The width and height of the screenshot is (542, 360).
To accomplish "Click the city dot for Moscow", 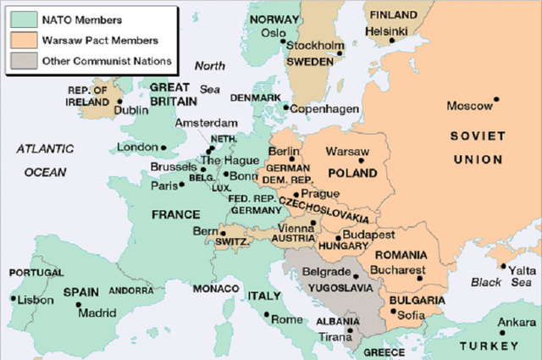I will coord(497,99).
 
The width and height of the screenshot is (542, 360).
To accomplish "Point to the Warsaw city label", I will coord(347,152).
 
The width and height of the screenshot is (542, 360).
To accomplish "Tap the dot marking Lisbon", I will coord(12,298).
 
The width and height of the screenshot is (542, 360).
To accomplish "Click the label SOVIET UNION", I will coord(477,147).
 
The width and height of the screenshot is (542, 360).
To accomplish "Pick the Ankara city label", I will coord(517,322).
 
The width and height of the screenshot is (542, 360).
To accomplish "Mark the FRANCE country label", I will coord(175,215).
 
